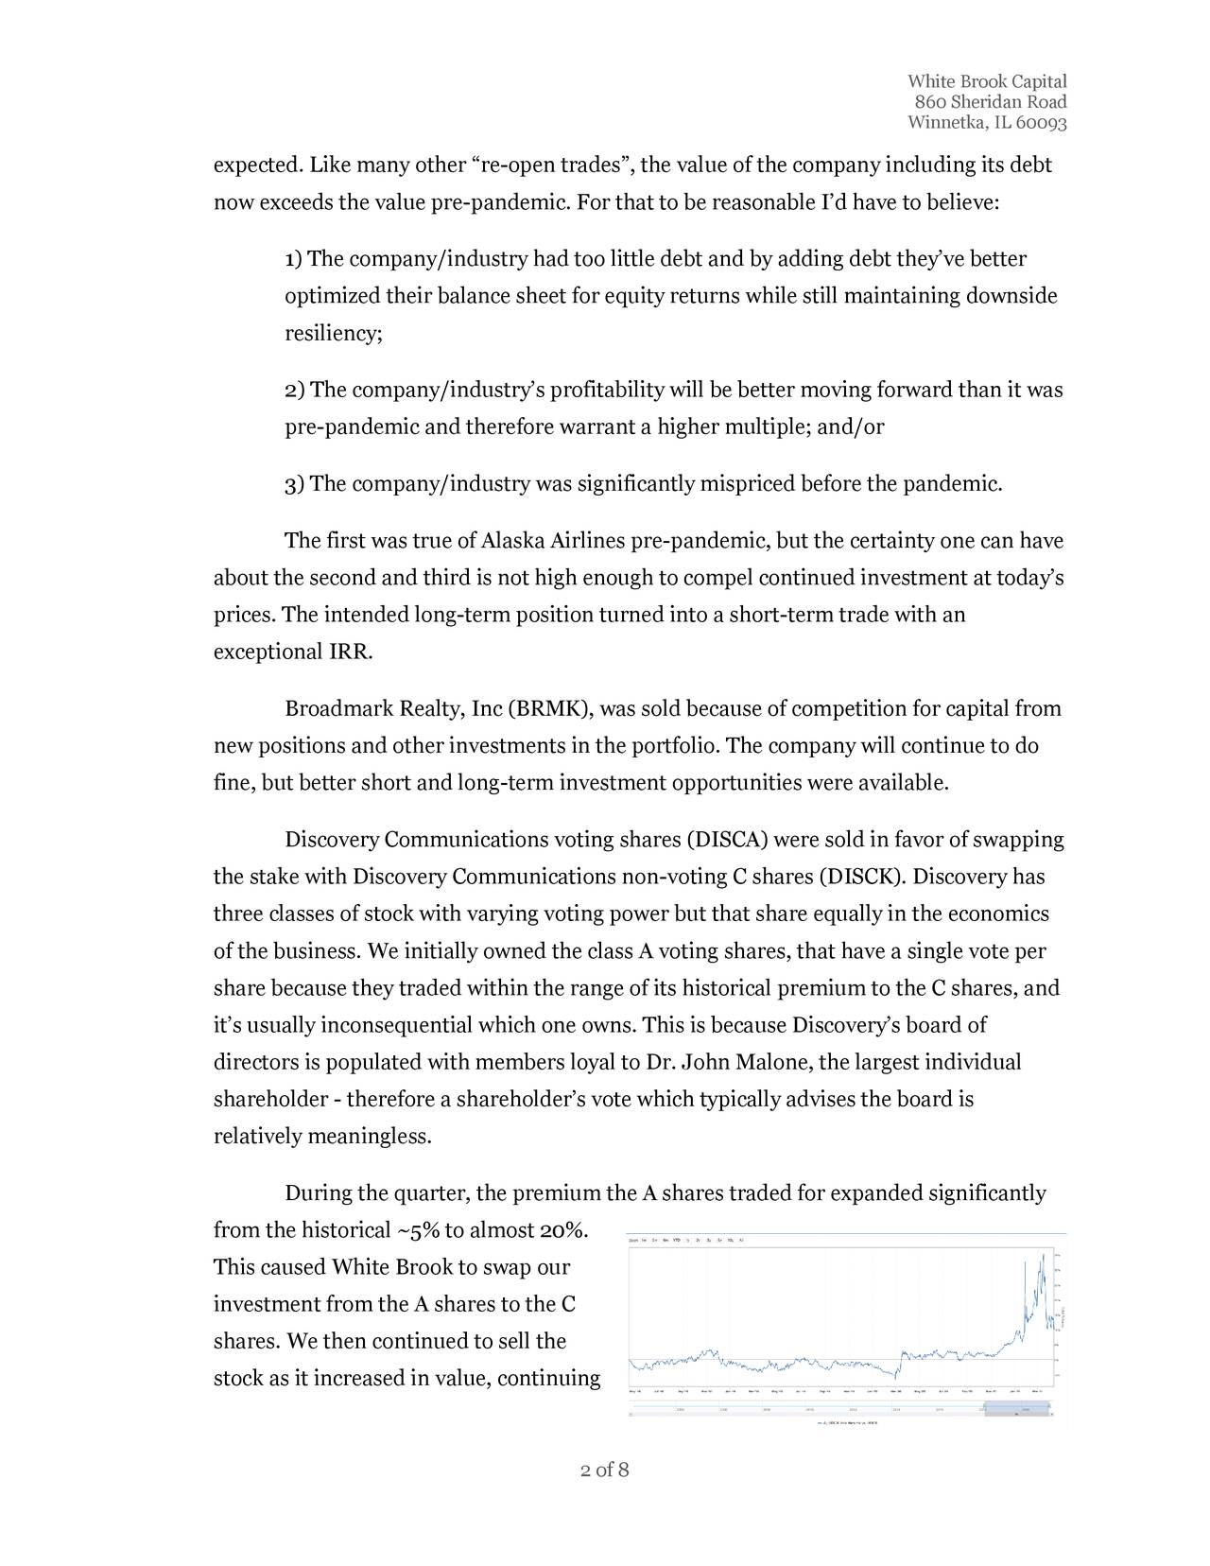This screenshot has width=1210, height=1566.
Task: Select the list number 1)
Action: [294, 260]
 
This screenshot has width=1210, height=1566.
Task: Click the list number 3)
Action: [295, 486]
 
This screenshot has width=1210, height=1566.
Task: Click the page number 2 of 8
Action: [605, 1470]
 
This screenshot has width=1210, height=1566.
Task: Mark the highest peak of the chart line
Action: [1043, 1254]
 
